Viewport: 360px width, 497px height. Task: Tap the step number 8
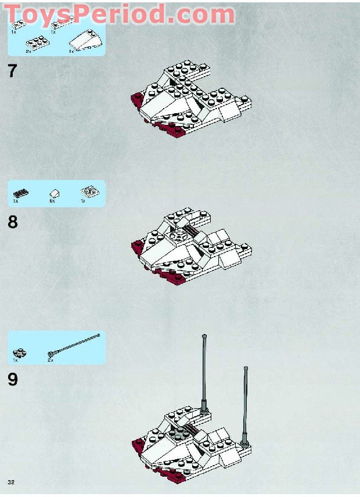click(13, 222)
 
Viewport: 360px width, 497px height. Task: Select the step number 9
click(13, 379)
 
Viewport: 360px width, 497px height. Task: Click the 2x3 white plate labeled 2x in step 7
click(37, 42)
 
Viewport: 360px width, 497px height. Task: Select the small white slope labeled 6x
click(53, 193)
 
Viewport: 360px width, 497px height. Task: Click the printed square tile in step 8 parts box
click(88, 192)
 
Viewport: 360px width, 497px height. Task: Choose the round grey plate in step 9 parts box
click(19, 352)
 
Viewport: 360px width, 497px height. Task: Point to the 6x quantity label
click(52, 201)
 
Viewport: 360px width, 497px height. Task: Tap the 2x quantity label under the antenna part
click(51, 360)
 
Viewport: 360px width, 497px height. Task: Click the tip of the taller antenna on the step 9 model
click(204, 336)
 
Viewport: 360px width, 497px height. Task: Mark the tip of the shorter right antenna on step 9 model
click(246, 368)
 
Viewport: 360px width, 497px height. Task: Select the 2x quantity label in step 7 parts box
click(28, 52)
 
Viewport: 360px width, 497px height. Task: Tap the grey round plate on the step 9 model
click(181, 430)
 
